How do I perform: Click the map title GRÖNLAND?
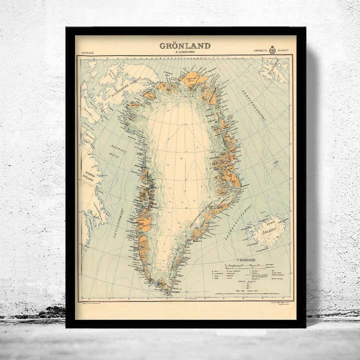pos(185,45)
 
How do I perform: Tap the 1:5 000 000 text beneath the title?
pos(185,51)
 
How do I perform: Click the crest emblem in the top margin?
pos(272,49)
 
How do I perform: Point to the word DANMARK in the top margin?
pos(87,52)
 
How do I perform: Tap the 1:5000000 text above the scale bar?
pos(246,260)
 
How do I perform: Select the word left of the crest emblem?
pos(260,50)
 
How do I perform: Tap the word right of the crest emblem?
pos(284,50)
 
